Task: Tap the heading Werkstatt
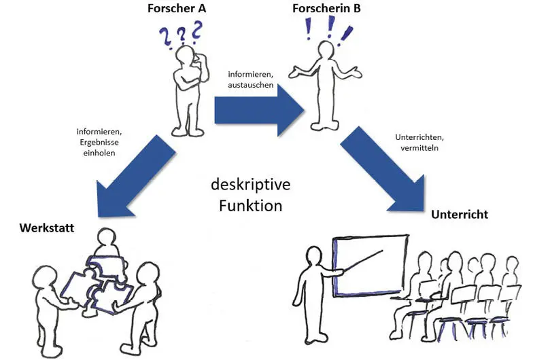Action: tap(38, 226)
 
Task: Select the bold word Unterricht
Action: tap(460, 215)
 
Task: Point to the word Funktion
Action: tap(250, 204)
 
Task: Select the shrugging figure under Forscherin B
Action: tap(324, 85)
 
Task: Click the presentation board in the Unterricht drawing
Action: tap(370, 264)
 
